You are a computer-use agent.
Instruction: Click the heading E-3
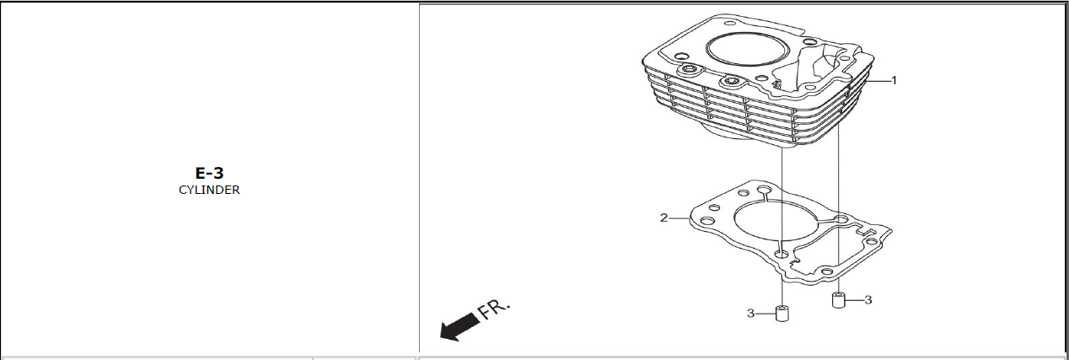pyautogui.click(x=209, y=173)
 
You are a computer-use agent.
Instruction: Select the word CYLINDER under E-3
pyautogui.click(x=209, y=190)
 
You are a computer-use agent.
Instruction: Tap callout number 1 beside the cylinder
pyautogui.click(x=894, y=81)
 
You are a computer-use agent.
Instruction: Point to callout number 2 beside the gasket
pyautogui.click(x=663, y=218)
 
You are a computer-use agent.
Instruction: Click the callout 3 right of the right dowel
pyautogui.click(x=868, y=300)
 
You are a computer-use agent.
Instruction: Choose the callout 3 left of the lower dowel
pyautogui.click(x=750, y=314)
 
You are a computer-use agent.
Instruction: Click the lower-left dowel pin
pyautogui.click(x=782, y=314)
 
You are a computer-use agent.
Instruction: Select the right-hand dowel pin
pyautogui.click(x=839, y=300)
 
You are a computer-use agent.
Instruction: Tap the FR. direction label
pyautogui.click(x=494, y=309)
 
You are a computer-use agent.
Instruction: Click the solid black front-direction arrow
pyautogui.click(x=460, y=327)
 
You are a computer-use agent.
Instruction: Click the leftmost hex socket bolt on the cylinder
pyautogui.click(x=689, y=71)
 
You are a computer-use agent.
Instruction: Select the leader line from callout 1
pyautogui.click(x=877, y=81)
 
